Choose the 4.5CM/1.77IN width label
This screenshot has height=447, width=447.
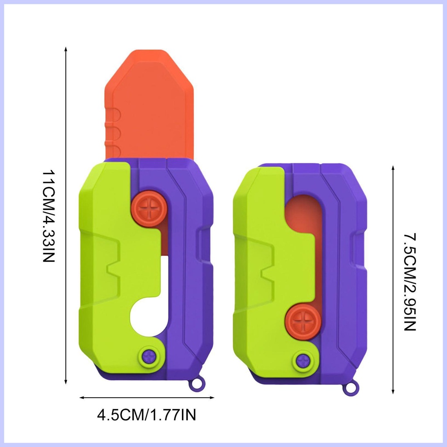pyautogui.click(x=147, y=415)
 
